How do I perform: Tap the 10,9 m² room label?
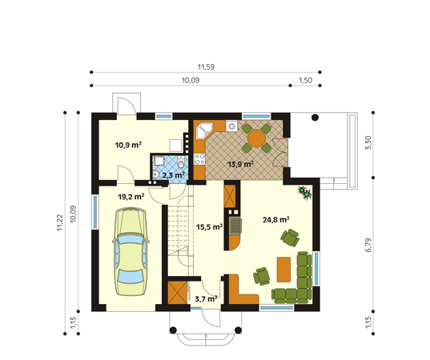(x=128, y=145)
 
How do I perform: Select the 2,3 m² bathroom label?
(x=173, y=174)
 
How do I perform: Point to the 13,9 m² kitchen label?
(x=240, y=164)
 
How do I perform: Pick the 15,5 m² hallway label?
(x=209, y=227)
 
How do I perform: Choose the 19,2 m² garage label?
(x=131, y=195)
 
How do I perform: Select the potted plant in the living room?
(x=304, y=191)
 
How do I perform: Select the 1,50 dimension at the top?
(x=305, y=80)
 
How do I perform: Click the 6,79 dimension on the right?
(x=368, y=245)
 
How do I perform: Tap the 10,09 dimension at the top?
(x=191, y=80)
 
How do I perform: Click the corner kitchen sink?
(x=203, y=129)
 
